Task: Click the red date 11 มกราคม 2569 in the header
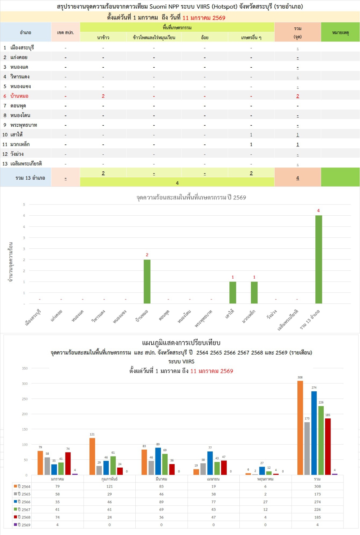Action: click(x=204, y=18)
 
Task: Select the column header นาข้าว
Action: click(x=103, y=37)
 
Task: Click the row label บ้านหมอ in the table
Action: click(x=19, y=96)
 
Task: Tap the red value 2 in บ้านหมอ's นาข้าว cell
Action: click(x=103, y=96)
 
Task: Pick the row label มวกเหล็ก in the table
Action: click(x=20, y=144)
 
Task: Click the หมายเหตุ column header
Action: click(x=340, y=32)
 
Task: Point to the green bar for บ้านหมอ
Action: click(x=147, y=282)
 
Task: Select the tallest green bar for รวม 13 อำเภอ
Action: click(x=319, y=259)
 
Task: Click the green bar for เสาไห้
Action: click(x=233, y=292)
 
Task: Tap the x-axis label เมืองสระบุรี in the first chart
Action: click(x=33, y=317)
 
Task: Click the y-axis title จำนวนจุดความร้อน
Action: click(x=11, y=262)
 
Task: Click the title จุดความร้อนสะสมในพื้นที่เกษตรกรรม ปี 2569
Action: click(x=191, y=197)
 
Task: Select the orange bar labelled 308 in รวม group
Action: click(x=300, y=428)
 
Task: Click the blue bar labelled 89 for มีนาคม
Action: click(x=158, y=461)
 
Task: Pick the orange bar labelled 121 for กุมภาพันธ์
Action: click(x=92, y=456)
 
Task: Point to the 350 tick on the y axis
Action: click(x=25, y=368)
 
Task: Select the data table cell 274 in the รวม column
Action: click(x=317, y=502)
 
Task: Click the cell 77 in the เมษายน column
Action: click(x=213, y=502)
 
